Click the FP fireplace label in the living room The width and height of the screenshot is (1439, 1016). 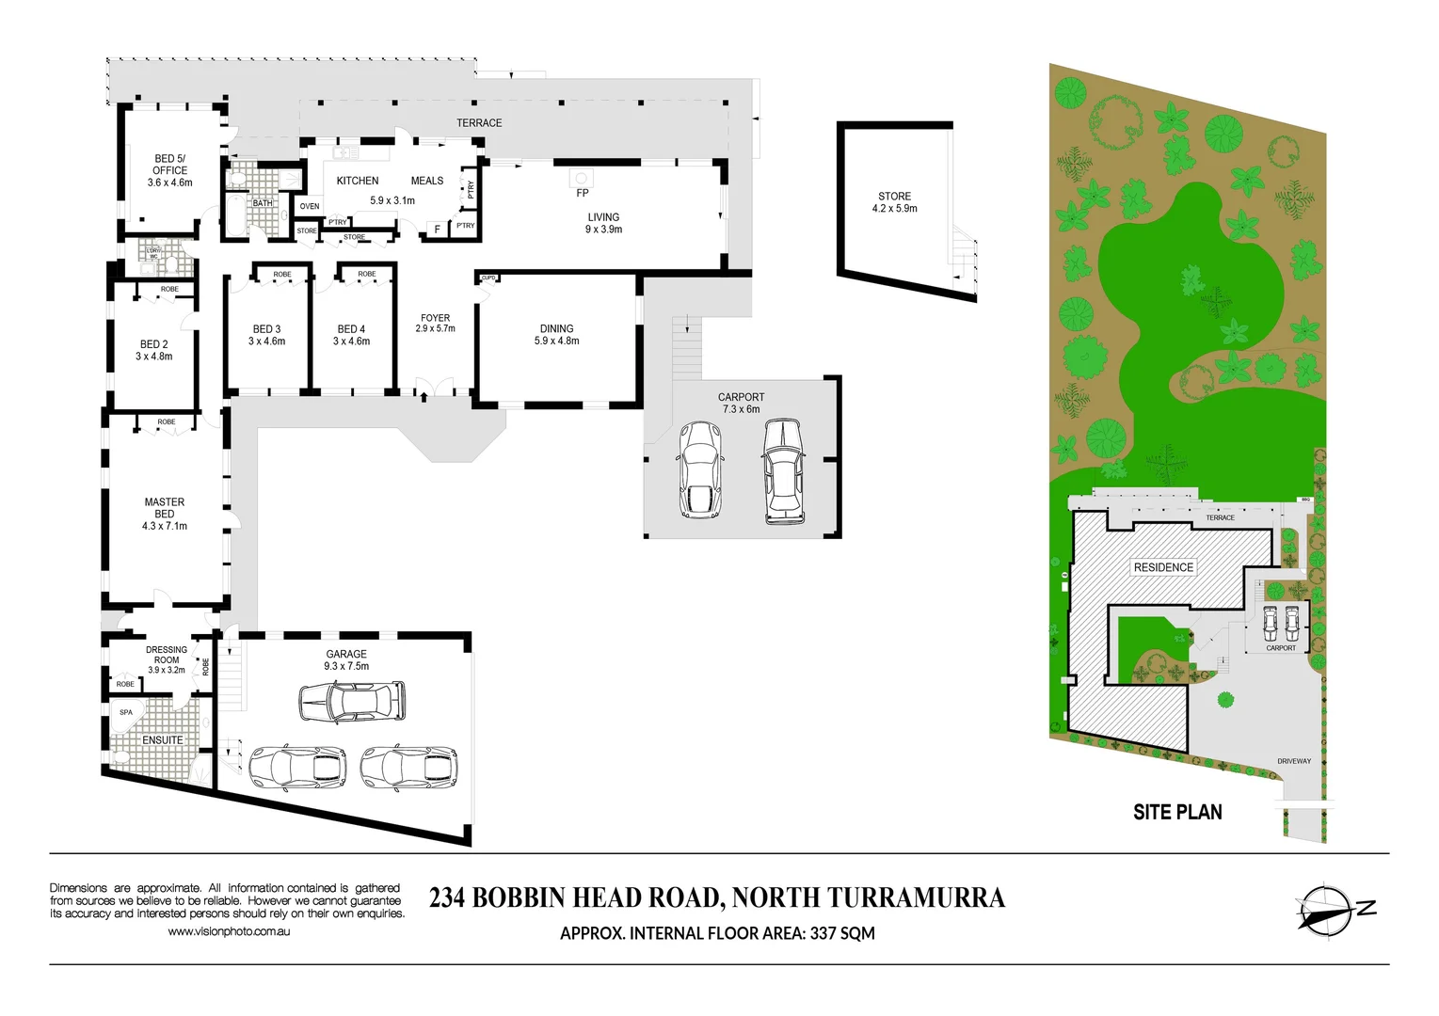582,193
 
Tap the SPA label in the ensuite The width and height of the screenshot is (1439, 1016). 126,712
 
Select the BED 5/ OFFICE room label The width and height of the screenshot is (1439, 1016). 169,165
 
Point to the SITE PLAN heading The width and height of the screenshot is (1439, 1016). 1176,812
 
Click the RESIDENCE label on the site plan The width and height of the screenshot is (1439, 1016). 1163,567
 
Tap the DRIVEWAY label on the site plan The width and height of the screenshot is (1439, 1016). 1293,761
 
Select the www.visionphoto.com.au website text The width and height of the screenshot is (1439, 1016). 229,931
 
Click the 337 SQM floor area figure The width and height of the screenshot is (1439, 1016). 842,933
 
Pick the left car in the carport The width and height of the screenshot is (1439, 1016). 698,469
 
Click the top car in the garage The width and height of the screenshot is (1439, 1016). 352,702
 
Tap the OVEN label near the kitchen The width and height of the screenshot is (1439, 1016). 310,206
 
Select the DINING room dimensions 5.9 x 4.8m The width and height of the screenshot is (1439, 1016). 556,341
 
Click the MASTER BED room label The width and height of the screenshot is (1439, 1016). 165,508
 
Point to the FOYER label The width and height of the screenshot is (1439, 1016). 435,318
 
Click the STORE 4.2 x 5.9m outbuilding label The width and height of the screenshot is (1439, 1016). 894,202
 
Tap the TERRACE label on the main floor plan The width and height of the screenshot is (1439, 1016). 479,123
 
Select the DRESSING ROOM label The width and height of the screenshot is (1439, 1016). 167,655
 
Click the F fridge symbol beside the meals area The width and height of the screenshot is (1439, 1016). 437,230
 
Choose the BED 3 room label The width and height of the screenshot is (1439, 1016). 266,329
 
